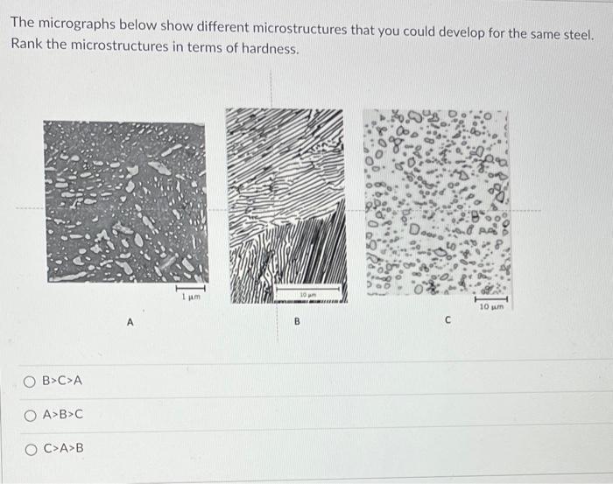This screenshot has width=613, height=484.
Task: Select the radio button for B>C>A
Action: click(31, 381)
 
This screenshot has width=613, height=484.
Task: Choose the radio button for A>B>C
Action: click(31, 415)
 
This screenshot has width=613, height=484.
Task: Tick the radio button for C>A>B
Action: click(31, 449)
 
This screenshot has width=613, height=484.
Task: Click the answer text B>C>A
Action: click(62, 381)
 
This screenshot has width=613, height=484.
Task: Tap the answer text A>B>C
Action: click(62, 415)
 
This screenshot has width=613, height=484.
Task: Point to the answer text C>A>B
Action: click(63, 449)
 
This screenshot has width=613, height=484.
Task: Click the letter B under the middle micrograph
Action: click(296, 322)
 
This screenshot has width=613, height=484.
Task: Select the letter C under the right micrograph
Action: click(447, 321)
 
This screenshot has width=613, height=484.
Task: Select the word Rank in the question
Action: click(27, 50)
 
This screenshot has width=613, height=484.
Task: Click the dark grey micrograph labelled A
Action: click(126, 202)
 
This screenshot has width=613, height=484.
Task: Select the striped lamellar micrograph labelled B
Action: click(285, 205)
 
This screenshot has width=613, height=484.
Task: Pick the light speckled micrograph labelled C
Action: click(436, 202)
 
